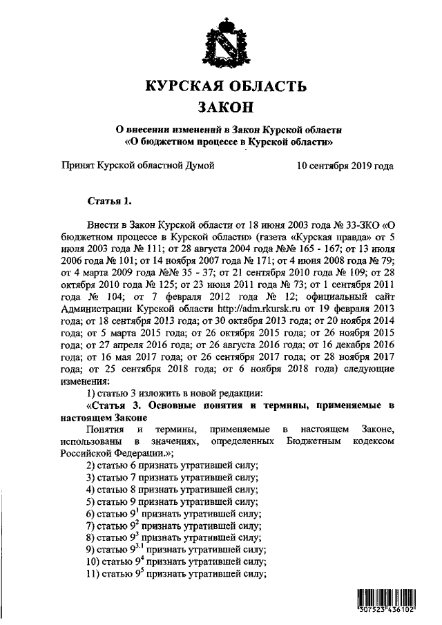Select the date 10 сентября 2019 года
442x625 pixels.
(345, 166)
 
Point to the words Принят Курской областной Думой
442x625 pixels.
(138, 166)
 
